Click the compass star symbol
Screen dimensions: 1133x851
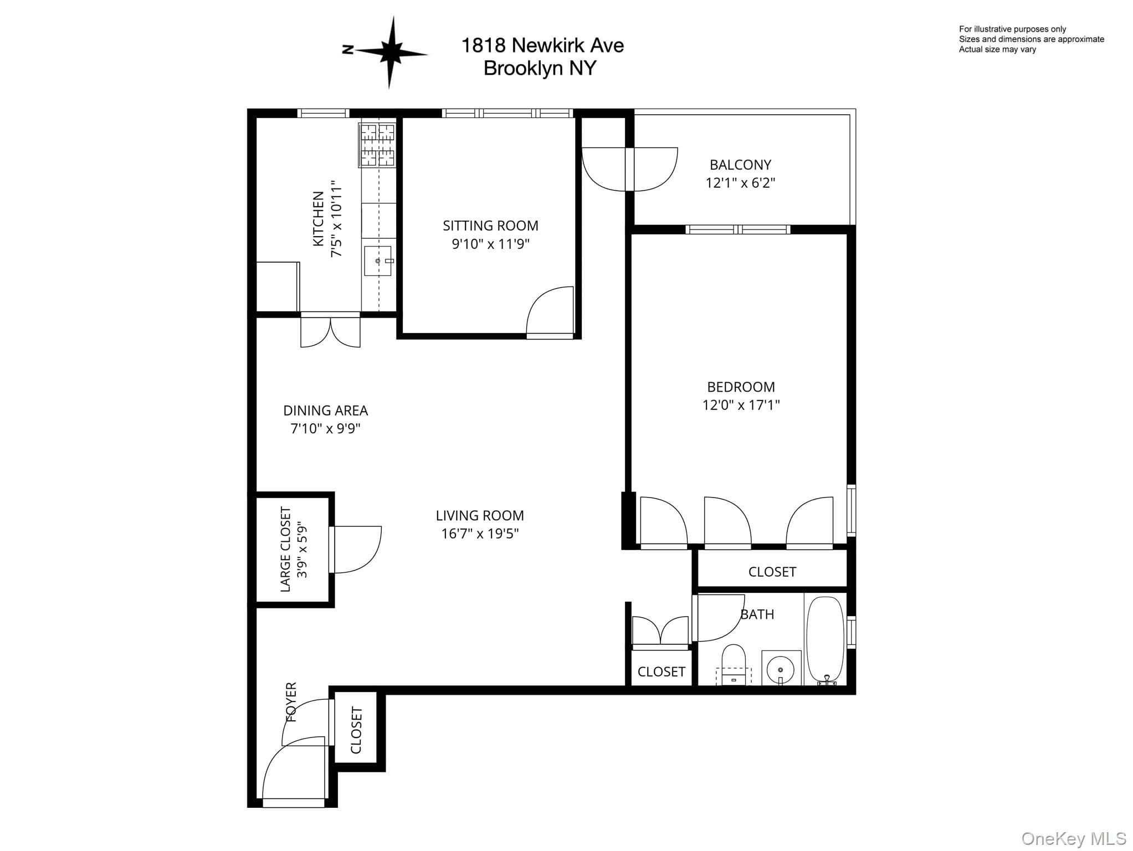391,53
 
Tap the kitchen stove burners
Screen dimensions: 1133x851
377,145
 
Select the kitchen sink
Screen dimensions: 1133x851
378,260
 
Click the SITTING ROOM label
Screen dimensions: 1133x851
490,225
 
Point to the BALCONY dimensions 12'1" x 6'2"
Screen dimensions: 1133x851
740,183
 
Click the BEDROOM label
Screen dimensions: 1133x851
741,387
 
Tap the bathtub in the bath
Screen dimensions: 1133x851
825,640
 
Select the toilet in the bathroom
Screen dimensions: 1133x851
734,664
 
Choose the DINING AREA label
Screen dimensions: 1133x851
325,411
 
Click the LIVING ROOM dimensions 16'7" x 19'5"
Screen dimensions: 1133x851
480,534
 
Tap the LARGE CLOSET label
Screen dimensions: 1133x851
286,549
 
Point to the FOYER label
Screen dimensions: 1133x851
291,702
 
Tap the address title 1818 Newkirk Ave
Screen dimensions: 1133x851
542,45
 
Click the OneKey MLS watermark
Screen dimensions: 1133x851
1074,838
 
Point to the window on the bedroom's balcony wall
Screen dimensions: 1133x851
737,229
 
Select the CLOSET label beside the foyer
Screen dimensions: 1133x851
356,730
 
